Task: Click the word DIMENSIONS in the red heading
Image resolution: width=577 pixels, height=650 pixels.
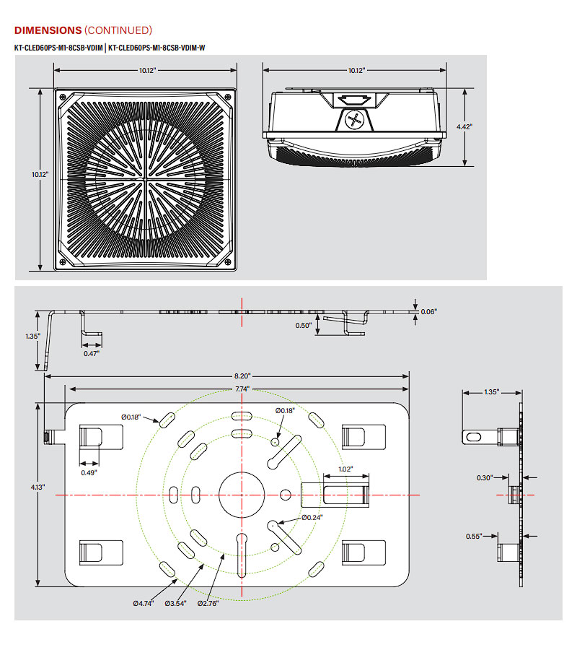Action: (x=48, y=30)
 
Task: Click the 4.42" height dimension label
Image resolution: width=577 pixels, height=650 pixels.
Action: (x=464, y=126)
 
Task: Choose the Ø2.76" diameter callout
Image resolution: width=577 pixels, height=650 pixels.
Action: (x=208, y=603)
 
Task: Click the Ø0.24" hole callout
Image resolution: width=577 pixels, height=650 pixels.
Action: (x=312, y=517)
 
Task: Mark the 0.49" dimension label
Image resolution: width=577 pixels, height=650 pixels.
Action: (x=89, y=472)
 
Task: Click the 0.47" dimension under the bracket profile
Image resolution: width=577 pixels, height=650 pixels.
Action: (x=92, y=352)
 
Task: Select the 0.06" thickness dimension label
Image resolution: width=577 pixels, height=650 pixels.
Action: (x=428, y=311)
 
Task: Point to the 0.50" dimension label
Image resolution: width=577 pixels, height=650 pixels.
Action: (x=304, y=326)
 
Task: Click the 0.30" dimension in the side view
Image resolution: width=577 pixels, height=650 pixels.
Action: (x=484, y=477)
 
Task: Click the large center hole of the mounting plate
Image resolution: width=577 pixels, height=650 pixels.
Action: (x=239, y=494)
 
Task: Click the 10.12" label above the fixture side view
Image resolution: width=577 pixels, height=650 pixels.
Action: (x=356, y=70)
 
